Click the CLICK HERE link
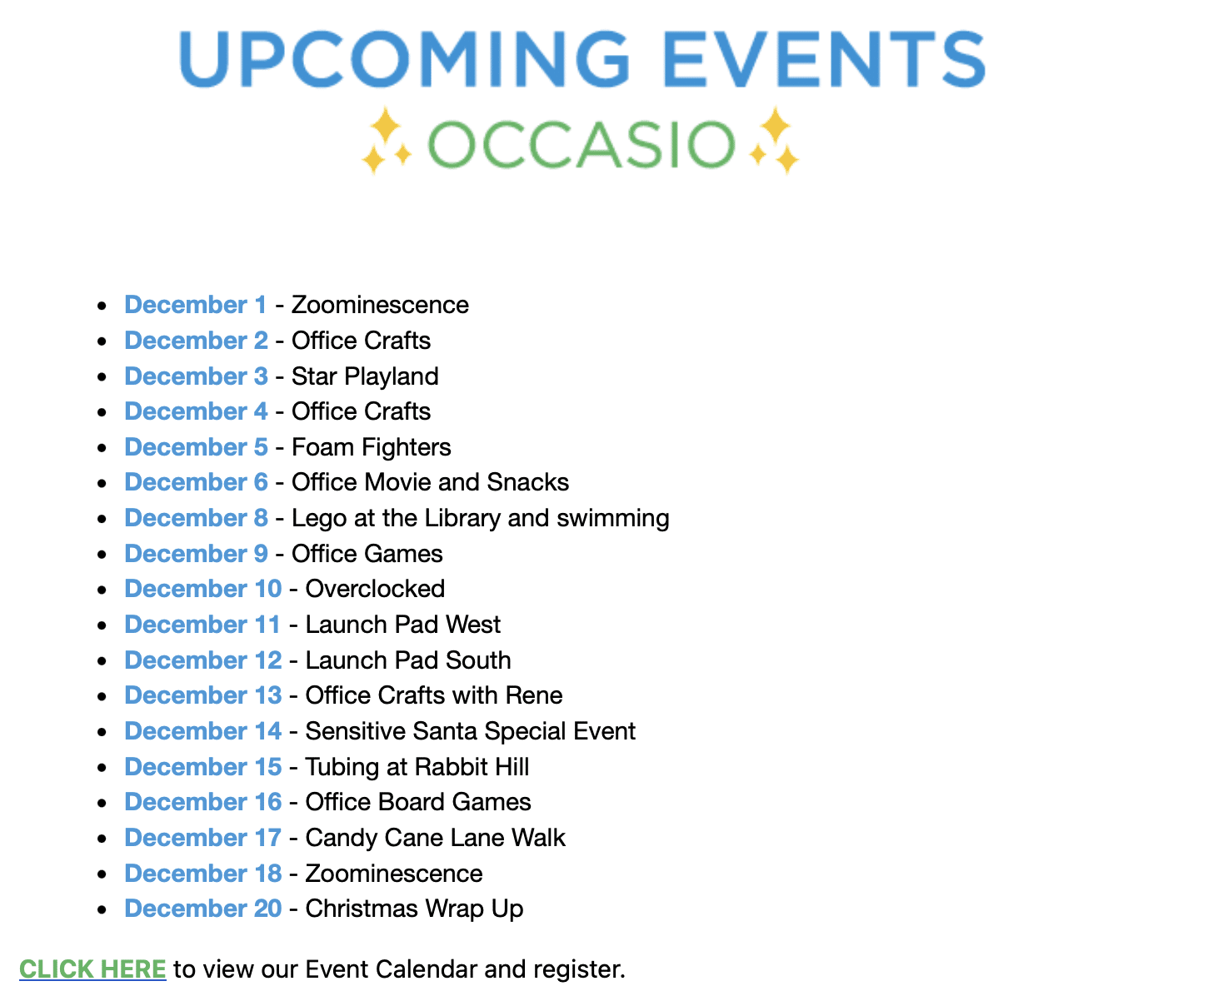(92, 969)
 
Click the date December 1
(196, 305)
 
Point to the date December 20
(203, 909)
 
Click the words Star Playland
(365, 376)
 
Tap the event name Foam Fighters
(372, 447)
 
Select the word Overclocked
(375, 589)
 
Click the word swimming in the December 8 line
(613, 518)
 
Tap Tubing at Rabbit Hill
(417, 767)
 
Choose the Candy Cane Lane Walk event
(435, 838)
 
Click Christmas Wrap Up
(414, 909)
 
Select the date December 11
(202, 625)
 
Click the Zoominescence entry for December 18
(394, 874)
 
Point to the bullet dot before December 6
(102, 483)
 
